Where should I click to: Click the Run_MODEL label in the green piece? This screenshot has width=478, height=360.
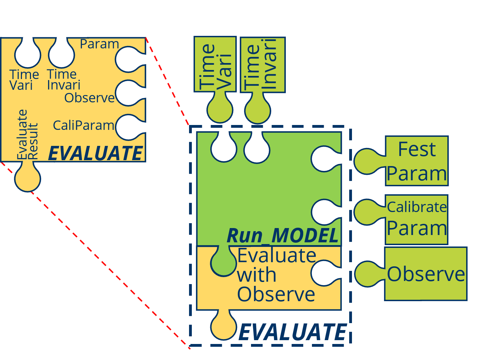point(282,236)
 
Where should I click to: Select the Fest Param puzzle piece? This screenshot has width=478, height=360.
point(417,161)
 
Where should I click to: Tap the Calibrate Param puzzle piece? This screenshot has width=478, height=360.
point(417,219)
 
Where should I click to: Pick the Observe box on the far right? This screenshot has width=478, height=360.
point(426,274)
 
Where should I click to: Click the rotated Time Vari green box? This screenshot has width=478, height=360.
point(215,65)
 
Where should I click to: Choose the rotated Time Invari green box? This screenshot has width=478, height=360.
point(263,65)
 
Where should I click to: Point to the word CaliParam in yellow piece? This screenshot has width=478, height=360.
point(83,125)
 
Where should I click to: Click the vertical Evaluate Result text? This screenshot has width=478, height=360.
point(27,134)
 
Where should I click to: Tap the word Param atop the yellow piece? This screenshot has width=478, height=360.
point(99,44)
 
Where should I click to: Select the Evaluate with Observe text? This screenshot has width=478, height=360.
point(276,275)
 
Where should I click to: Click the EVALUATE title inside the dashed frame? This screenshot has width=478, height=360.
point(292,332)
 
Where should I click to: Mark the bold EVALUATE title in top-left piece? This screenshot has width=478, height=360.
point(95,153)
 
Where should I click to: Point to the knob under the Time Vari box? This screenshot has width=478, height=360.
point(220,110)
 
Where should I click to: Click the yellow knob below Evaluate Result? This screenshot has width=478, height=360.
point(28,179)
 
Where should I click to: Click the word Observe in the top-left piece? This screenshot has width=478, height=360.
point(89,98)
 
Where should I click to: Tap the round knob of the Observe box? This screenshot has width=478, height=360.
point(367,274)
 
